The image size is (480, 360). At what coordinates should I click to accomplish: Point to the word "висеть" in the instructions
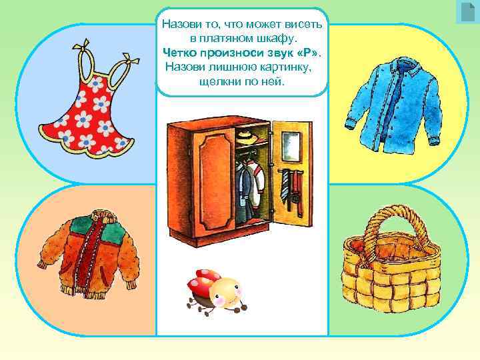click(302, 25)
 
